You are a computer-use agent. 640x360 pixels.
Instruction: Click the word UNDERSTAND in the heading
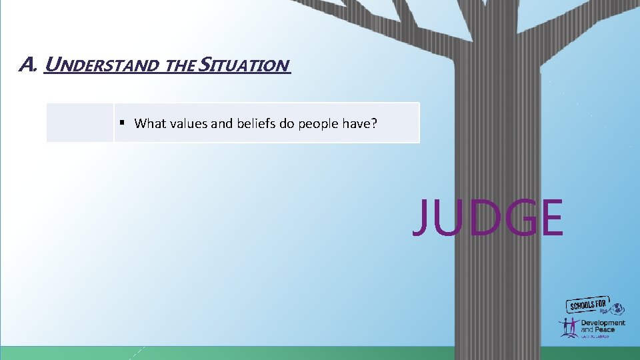point(99,65)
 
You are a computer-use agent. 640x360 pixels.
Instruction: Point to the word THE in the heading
point(179,66)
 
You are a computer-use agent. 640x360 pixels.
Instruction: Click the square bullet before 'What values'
point(123,123)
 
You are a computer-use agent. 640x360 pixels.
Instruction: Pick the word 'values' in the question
point(185,123)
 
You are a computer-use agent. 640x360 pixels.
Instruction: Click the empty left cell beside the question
point(79,123)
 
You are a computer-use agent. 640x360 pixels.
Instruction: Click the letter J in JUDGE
point(421,217)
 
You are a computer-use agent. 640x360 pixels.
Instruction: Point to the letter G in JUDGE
point(512,217)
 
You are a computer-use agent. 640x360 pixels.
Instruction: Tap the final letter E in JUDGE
point(550,217)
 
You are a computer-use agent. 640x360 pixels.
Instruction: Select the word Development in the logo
point(603,323)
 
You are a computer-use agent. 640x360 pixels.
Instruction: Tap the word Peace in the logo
point(611,329)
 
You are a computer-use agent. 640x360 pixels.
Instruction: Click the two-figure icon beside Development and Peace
point(568,327)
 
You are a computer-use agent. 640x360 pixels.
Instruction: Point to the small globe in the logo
point(619,309)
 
